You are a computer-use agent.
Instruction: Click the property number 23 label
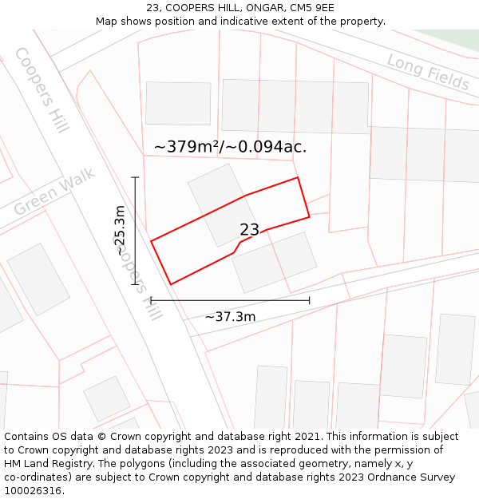click(249, 230)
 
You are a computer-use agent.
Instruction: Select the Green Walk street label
click(54, 192)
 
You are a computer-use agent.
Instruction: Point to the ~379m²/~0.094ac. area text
click(230, 147)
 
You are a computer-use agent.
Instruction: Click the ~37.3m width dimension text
click(230, 317)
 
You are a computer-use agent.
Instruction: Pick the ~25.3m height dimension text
click(120, 231)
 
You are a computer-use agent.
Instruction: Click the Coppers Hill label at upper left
click(42, 89)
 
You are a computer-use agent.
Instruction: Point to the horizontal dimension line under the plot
click(230, 300)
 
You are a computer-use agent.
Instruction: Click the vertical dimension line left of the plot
click(135, 231)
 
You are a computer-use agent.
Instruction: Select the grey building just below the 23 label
click(275, 262)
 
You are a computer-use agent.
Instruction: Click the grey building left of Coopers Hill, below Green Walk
click(38, 279)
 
